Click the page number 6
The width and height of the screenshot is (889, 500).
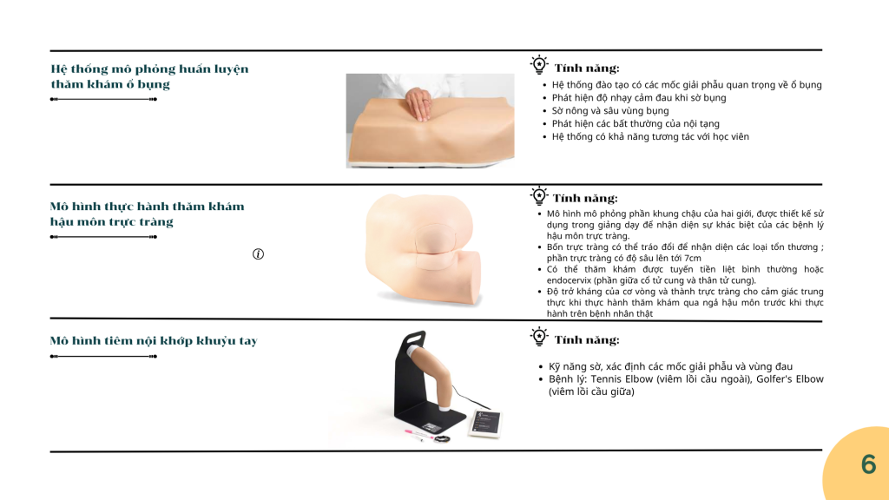point(868,464)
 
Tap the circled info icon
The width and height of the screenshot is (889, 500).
point(258,254)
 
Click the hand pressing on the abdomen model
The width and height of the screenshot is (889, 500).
point(418,103)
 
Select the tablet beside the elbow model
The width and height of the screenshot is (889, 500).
point(484,424)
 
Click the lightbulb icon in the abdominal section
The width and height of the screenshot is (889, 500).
point(539,64)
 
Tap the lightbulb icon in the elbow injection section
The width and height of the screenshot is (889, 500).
point(539,337)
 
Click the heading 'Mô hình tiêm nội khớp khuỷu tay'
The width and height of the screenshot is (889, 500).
point(154,340)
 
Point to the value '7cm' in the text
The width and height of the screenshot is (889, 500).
point(692,258)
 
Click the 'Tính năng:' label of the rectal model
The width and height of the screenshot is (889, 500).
point(585,199)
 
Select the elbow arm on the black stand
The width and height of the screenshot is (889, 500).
point(433,373)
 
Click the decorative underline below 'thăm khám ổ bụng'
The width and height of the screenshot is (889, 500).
point(103,99)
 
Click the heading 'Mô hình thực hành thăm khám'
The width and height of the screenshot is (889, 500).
point(147,207)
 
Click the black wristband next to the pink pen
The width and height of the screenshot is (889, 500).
point(442,438)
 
